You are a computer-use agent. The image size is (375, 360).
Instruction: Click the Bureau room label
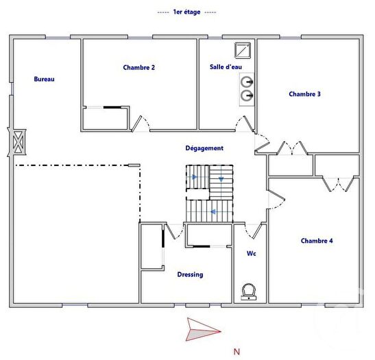[44, 79]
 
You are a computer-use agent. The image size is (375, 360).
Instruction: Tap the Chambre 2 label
[138, 67]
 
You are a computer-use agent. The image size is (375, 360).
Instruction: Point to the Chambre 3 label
[304, 94]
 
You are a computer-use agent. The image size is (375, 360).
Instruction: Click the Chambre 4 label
[317, 241]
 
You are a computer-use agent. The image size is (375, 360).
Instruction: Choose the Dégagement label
[204, 147]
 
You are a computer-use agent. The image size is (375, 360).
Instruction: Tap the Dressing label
[190, 274]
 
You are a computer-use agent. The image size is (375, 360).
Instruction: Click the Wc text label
[252, 254]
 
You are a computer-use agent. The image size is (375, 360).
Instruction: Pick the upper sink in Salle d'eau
[247, 82]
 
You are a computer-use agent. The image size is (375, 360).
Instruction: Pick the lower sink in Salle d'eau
[247, 96]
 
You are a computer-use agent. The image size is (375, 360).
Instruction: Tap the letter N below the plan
[237, 352]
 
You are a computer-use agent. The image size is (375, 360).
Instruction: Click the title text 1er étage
[186, 12]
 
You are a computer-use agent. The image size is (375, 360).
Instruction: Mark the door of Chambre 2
[138, 123]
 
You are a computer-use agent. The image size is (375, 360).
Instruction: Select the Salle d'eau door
[244, 123]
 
